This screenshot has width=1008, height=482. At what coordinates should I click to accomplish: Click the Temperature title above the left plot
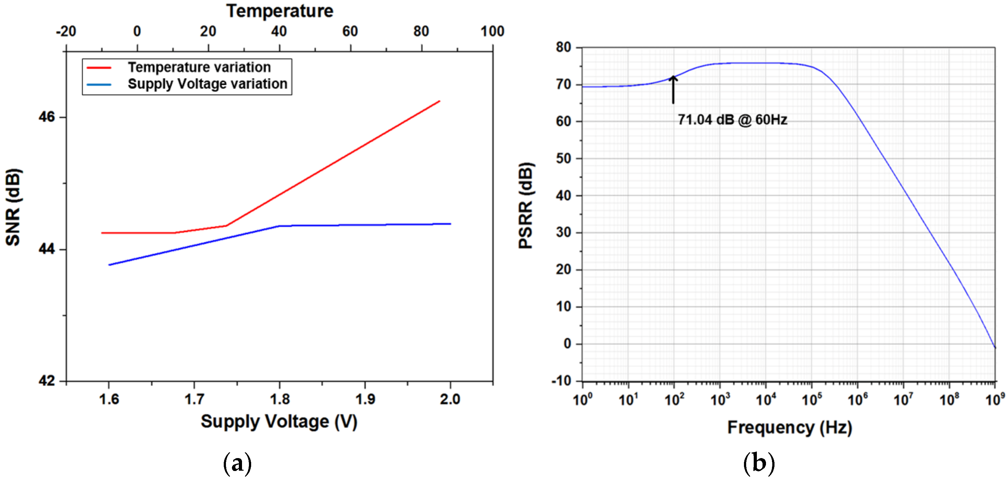[x=279, y=11]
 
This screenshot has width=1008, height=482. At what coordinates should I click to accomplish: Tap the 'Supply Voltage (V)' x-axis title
[x=279, y=422]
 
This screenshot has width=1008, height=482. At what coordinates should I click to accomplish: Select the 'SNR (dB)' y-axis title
[x=13, y=207]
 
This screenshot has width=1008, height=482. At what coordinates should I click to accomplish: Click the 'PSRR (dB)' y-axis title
[x=526, y=205]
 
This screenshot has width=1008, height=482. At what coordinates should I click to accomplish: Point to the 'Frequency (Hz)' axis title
[x=789, y=427]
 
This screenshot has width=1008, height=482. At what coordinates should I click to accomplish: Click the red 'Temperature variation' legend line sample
[x=99, y=68]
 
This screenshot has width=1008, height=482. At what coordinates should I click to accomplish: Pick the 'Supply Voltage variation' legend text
[x=207, y=84]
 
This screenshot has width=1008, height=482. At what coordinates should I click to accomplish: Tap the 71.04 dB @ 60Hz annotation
[x=732, y=120]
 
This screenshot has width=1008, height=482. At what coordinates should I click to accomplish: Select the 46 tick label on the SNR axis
[x=47, y=117]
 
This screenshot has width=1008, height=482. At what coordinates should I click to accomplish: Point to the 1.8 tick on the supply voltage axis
[x=279, y=399]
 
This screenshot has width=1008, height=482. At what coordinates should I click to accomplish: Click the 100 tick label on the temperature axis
[x=492, y=31]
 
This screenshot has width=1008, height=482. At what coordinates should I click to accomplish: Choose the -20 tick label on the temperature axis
[x=66, y=31]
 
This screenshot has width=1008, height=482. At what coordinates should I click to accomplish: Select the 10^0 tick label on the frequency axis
[x=583, y=400]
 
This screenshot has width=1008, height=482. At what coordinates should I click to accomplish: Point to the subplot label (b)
[x=759, y=464]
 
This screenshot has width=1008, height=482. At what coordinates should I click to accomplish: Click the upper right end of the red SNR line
[x=439, y=101]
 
